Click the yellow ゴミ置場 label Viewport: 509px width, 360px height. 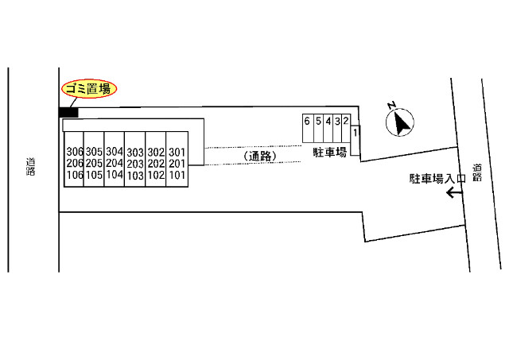click(88, 88)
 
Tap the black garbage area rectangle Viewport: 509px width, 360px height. click(68, 112)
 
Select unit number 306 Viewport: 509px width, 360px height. click(75, 152)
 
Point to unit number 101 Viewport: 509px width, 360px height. click(177, 175)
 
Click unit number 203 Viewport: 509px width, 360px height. click(135, 164)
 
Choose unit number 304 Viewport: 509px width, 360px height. click(115, 152)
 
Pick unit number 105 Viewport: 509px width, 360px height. click(94, 175)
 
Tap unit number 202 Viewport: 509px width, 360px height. click(156, 164)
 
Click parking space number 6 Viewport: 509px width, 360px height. click(307, 122)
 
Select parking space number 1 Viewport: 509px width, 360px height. click(356, 133)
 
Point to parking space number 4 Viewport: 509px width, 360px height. click(328, 122)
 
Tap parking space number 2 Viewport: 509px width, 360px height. click(346, 121)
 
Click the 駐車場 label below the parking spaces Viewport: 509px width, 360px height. click(330, 152)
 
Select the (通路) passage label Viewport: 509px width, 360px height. click(260, 157)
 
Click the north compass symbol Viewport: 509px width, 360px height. click(400, 122)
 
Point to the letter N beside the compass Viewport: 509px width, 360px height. click(392, 106)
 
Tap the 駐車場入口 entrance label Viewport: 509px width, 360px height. click(437, 179)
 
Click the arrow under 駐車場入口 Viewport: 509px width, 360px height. click(454, 193)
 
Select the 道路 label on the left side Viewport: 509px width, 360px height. click(30, 167)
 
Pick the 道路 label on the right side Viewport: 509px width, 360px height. click(477, 172)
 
